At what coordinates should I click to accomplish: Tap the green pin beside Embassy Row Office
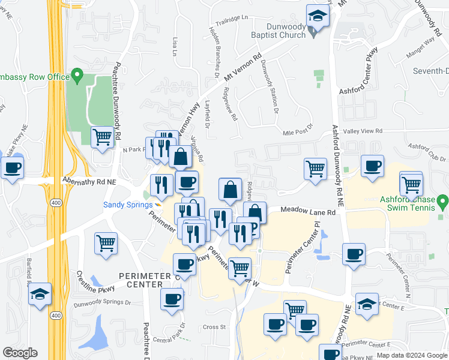click(x=77, y=76)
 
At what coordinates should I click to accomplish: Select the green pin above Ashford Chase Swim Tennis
click(x=442, y=200)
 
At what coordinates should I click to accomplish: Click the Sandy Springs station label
click(x=127, y=205)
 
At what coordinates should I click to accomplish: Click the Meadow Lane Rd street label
click(x=310, y=211)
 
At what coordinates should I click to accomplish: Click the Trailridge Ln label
click(x=233, y=18)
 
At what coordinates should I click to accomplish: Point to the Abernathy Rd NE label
click(x=89, y=180)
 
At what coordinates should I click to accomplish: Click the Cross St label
click(x=214, y=327)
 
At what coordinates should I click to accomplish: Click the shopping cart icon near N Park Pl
click(x=103, y=137)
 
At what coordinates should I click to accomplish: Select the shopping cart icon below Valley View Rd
click(x=315, y=169)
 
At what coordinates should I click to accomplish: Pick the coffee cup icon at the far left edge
click(x=11, y=167)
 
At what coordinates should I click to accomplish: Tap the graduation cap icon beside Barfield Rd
click(x=40, y=294)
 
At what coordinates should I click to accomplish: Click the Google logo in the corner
click(x=20, y=353)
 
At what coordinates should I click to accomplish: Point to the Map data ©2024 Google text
click(x=412, y=355)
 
